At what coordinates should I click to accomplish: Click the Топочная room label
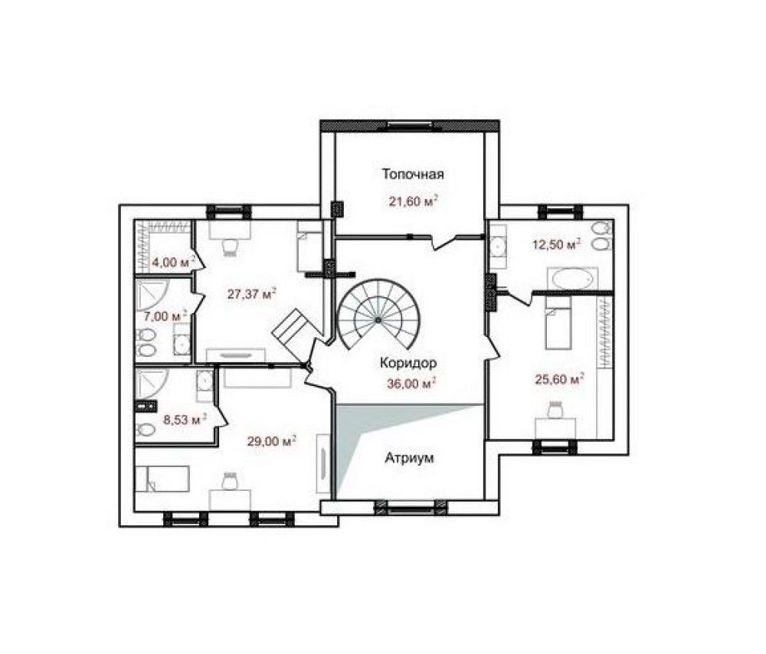pyautogui.click(x=413, y=175)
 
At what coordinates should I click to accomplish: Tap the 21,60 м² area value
pyautogui.click(x=413, y=201)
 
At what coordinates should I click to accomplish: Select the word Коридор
pyautogui.click(x=408, y=364)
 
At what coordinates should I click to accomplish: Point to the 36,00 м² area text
pyautogui.click(x=411, y=384)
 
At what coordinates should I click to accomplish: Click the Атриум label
pyautogui.click(x=409, y=458)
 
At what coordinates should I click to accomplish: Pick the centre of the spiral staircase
pyautogui.click(x=378, y=319)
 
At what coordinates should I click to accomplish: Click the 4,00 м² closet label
pyautogui.click(x=173, y=262)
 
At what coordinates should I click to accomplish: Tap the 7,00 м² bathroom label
pyautogui.click(x=165, y=316)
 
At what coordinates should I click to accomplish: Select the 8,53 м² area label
pyautogui.click(x=185, y=419)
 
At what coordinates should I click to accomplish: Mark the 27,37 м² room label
pyautogui.click(x=251, y=294)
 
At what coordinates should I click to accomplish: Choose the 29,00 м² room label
pyautogui.click(x=272, y=442)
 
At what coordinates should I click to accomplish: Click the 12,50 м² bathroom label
pyautogui.click(x=556, y=244)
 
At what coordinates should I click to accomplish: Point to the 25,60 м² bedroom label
pyautogui.click(x=560, y=379)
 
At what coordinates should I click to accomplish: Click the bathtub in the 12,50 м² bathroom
pyautogui.click(x=572, y=280)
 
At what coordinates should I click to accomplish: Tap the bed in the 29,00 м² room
pyautogui.click(x=162, y=479)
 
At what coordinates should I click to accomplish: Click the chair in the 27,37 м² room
pyautogui.click(x=230, y=246)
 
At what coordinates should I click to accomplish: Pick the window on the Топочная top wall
pyautogui.click(x=410, y=125)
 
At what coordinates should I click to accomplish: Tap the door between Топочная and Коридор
pyautogui.click(x=444, y=241)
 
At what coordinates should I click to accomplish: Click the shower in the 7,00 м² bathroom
pyautogui.click(x=152, y=293)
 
